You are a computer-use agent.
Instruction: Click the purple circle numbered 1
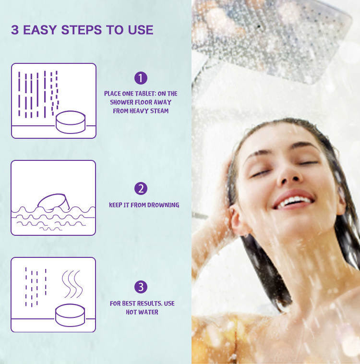pos(141,78)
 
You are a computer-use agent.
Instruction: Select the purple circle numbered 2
pos(141,189)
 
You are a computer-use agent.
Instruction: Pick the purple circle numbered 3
pos(141,287)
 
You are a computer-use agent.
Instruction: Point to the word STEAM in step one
pos(158,111)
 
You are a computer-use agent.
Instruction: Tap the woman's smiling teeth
pos(294,200)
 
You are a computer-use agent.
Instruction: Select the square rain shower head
pos(272,36)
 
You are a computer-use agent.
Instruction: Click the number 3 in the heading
pos(14,30)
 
